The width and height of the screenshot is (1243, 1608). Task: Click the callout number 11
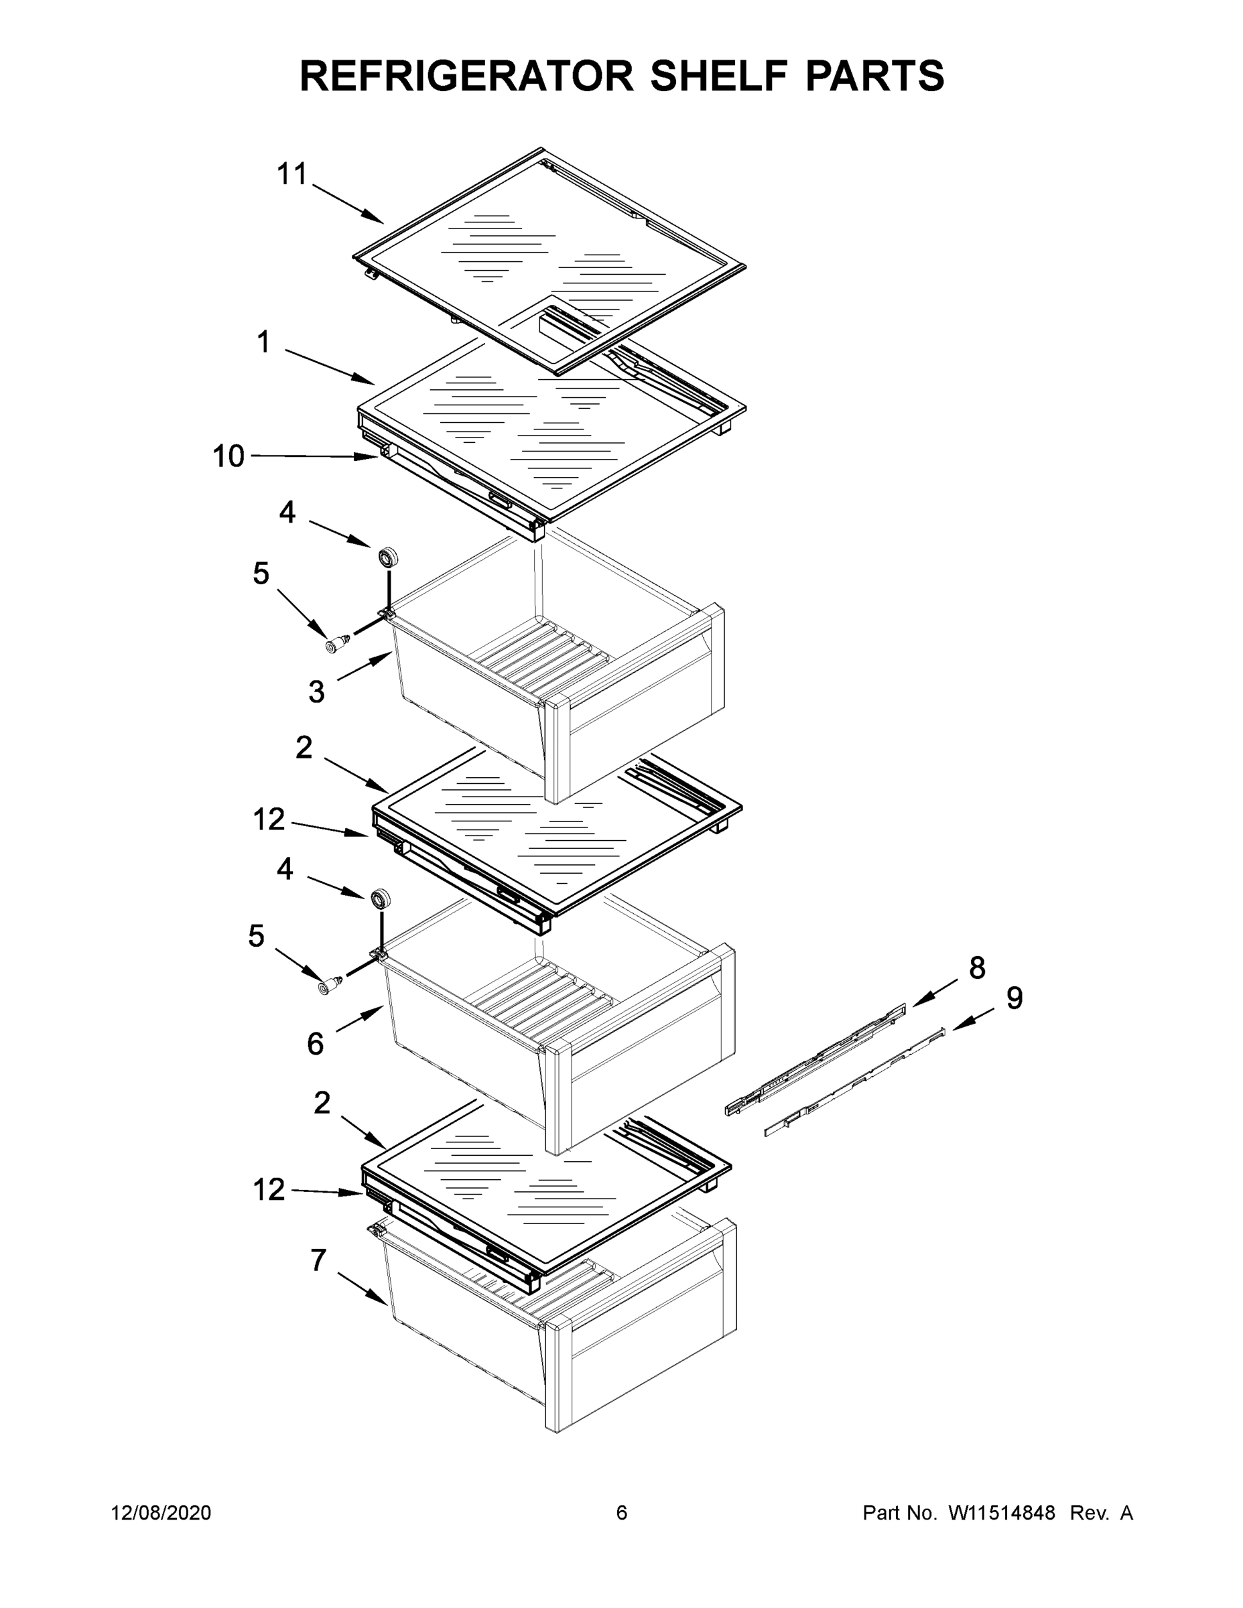(291, 174)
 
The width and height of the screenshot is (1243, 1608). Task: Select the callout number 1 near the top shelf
(263, 342)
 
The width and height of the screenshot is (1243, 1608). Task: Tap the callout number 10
(228, 456)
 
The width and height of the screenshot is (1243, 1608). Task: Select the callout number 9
(1014, 998)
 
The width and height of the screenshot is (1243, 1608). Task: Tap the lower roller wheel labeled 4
(381, 899)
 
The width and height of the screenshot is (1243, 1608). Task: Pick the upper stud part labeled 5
(337, 645)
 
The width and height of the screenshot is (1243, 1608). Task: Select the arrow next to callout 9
(972, 1020)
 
